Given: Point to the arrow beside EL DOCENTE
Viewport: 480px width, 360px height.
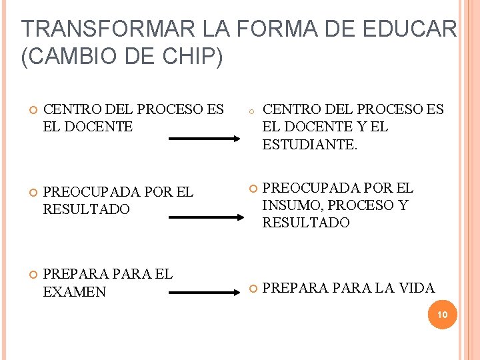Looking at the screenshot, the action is (203, 139).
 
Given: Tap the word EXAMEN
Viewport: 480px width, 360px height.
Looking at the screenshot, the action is (74, 291).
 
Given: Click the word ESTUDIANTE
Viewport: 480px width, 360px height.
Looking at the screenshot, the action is (309, 144).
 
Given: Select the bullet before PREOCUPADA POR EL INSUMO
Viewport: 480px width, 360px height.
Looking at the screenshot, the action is (253, 189).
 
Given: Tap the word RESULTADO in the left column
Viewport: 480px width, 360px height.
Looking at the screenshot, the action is (86, 209).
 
